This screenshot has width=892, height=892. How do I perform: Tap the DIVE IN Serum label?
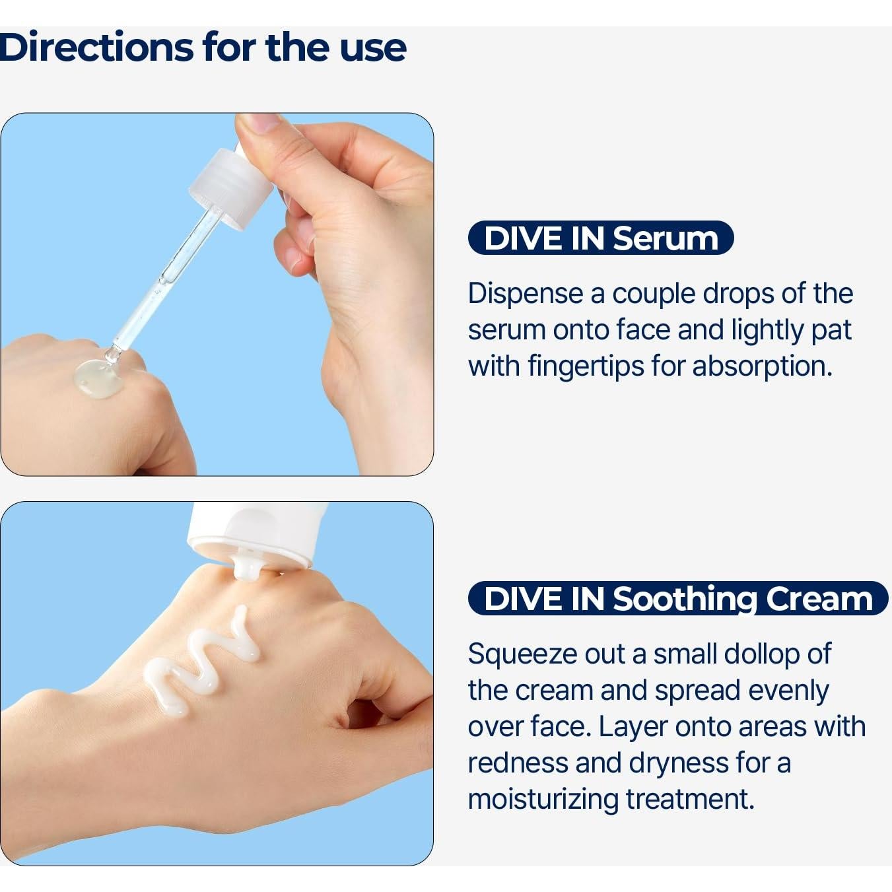click(x=600, y=238)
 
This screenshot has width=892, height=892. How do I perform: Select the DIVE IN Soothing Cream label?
click(x=677, y=598)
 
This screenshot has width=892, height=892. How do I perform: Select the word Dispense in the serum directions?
click(x=526, y=294)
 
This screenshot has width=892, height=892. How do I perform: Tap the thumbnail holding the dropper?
click(x=259, y=124)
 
